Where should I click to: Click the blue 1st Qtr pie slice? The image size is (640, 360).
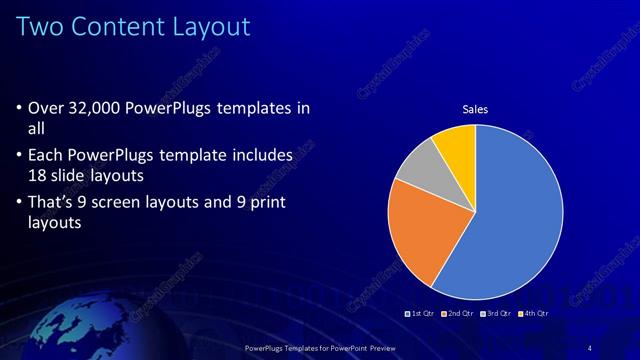(x=500, y=220)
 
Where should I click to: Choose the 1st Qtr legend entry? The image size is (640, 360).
(x=420, y=314)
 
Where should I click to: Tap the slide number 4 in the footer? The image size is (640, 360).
(x=590, y=347)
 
